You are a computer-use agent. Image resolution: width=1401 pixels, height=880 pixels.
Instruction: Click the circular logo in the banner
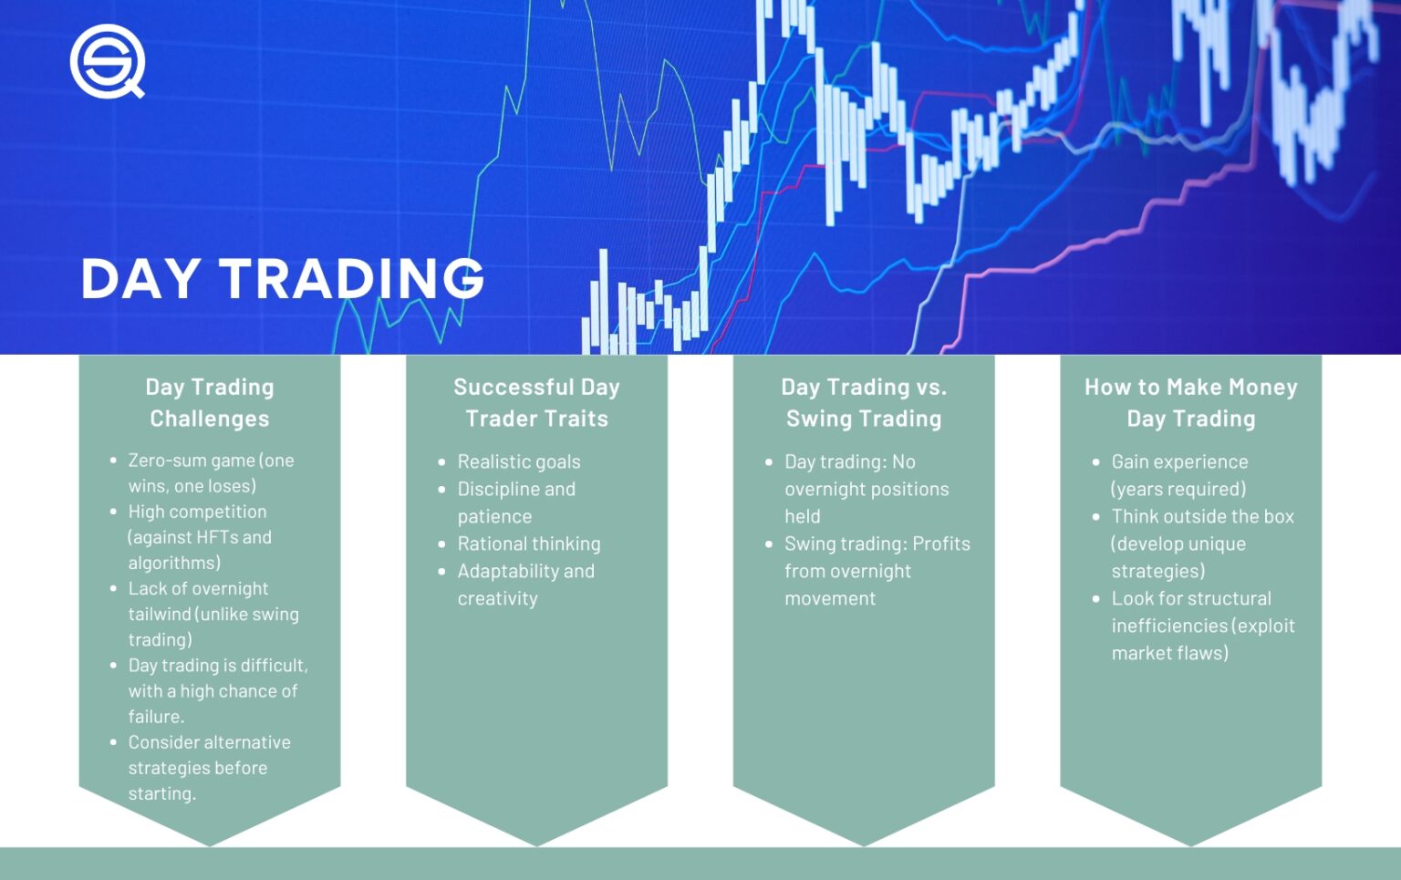[107, 61]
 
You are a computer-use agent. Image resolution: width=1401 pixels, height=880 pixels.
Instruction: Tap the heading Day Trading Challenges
[210, 402]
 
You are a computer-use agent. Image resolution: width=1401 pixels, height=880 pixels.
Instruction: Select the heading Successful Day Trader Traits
[536, 402]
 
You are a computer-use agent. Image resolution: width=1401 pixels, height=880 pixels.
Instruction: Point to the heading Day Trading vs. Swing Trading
[864, 402]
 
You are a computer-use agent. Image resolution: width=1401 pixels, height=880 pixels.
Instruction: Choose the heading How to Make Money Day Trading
[1190, 402]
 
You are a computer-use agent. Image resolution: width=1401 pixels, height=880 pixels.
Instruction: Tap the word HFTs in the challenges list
[218, 537]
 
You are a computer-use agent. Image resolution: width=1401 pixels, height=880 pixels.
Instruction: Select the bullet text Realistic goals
[519, 461]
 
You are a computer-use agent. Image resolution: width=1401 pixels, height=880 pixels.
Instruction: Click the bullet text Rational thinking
[529, 544]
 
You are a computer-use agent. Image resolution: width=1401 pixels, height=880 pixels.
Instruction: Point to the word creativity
[498, 598]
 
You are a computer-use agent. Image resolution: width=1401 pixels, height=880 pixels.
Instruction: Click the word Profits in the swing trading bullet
[941, 544]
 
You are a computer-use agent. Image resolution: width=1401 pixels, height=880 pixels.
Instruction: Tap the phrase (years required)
[1178, 489]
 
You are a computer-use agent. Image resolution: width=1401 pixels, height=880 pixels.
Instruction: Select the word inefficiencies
[1169, 626]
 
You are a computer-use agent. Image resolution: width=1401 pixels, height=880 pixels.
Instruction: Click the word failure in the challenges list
[156, 717]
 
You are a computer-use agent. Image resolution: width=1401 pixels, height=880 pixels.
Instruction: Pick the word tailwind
[160, 614]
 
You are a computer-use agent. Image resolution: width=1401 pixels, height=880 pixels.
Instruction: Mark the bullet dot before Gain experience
[1095, 462]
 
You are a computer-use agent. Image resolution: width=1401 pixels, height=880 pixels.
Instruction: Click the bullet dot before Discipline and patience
[441, 490]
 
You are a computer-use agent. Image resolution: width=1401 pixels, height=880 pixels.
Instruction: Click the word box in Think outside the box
[1279, 516]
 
